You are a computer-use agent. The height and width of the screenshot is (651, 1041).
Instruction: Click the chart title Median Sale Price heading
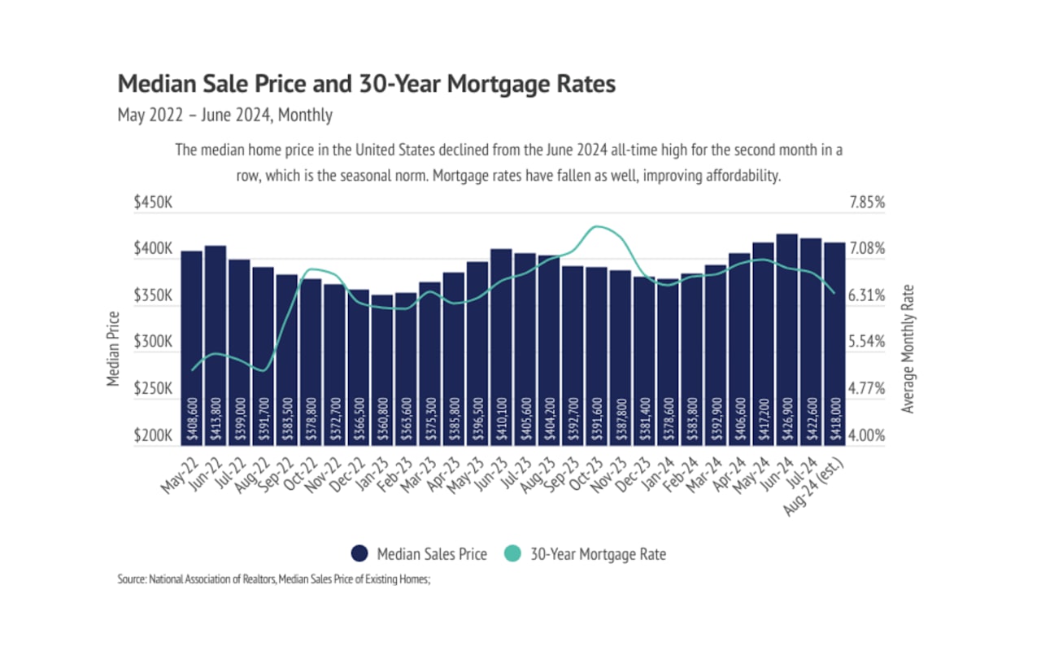tap(367, 84)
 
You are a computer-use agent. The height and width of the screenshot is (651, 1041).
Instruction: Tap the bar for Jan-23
tap(381, 370)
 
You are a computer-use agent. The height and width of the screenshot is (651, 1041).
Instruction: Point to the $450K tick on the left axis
tap(153, 203)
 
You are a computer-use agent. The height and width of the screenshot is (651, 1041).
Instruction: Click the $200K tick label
tap(153, 436)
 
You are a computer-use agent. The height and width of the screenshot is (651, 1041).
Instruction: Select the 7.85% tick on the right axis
tap(866, 203)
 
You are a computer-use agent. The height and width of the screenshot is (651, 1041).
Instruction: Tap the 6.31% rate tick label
tap(866, 295)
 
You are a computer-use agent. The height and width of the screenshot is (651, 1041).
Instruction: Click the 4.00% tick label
tap(866, 436)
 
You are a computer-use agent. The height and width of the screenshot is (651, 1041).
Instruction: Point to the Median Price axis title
tap(114, 349)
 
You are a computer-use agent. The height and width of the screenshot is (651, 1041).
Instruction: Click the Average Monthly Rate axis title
tap(908, 349)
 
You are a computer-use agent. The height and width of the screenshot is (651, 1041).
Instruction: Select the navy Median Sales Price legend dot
tap(360, 554)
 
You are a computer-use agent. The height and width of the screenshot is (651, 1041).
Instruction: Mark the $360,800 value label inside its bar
tap(381, 421)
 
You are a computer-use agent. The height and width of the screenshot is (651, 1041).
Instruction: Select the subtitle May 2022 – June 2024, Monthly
tap(225, 115)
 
